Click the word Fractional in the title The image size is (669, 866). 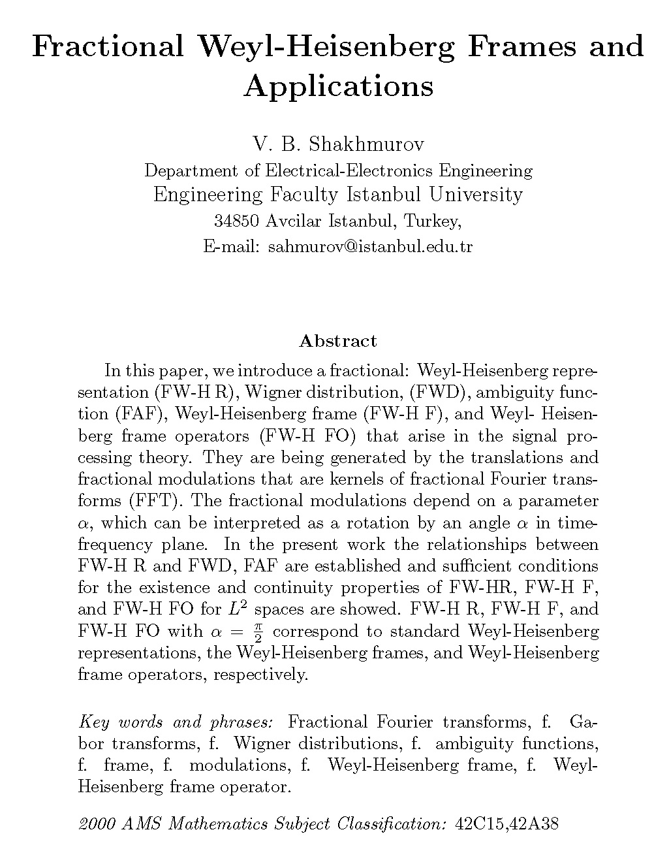tap(108, 47)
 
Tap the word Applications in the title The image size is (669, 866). tap(338, 86)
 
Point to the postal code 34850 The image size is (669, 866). tap(238, 221)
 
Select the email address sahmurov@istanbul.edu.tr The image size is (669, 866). tap(370, 247)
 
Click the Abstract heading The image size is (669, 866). tap(337, 341)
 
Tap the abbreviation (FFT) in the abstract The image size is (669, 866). tap(155, 501)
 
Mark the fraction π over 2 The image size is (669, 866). tap(258, 632)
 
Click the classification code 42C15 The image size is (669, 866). tap(479, 824)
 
